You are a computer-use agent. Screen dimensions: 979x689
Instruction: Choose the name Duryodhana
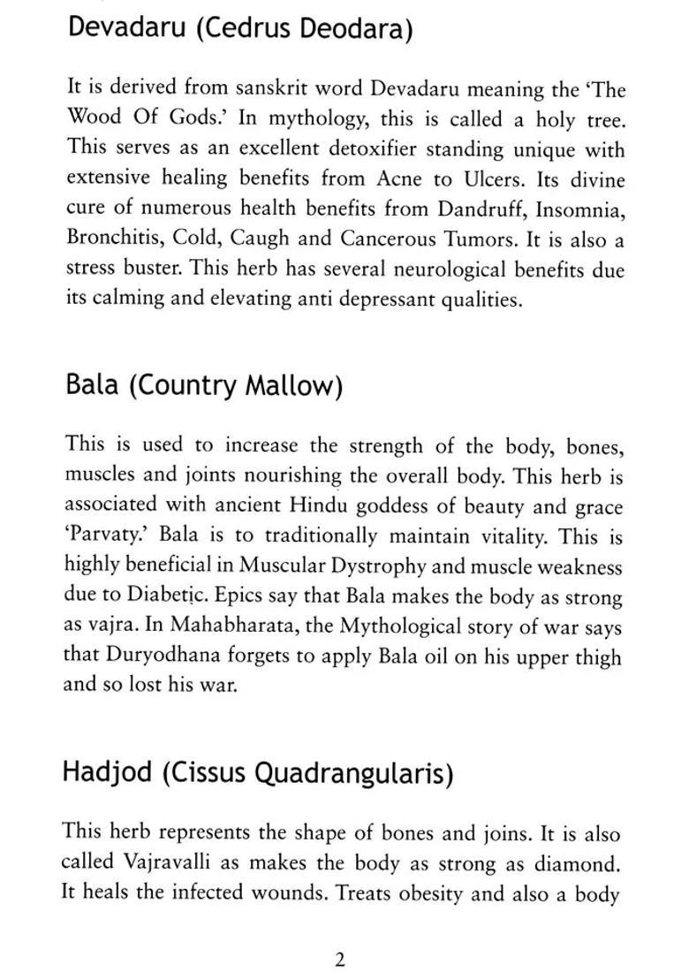164,657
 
